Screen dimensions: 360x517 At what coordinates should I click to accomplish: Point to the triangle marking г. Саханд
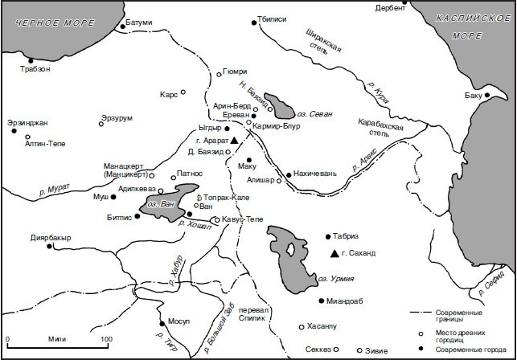point(334,254)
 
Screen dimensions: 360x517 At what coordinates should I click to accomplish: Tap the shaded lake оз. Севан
point(281,103)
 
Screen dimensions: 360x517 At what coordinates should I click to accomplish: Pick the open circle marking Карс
point(184,92)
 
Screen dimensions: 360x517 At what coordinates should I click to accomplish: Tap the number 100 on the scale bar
point(105,339)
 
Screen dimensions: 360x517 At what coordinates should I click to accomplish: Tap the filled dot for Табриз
point(327,237)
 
